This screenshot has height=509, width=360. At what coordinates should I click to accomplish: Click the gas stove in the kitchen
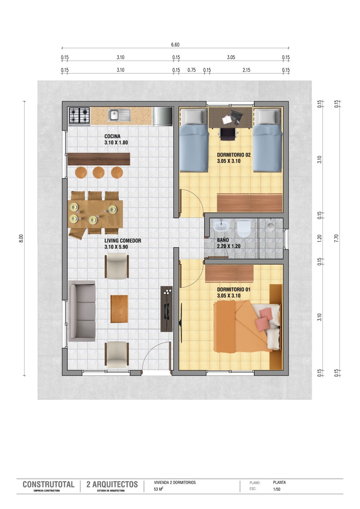point(79,116)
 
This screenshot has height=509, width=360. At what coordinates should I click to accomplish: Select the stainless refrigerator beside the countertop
point(162,116)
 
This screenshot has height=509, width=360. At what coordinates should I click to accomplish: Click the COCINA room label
point(112,136)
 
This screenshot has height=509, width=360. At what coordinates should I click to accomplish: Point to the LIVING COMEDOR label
point(123,241)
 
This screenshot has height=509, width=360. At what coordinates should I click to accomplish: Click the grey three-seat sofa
point(82,311)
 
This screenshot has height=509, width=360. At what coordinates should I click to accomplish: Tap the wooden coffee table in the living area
point(119,309)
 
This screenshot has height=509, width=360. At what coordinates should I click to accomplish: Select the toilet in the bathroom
point(244,228)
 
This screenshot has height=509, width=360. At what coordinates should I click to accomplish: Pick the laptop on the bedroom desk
point(237,115)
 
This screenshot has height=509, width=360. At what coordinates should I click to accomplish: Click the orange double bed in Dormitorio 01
point(247,326)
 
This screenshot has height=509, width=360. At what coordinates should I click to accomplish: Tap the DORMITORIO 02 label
point(234,155)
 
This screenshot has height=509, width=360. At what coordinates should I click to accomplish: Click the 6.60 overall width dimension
point(175,45)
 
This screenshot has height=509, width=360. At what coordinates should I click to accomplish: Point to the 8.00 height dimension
point(21,238)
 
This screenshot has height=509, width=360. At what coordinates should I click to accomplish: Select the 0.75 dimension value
point(192,70)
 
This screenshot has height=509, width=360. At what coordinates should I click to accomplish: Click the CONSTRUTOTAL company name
point(48,484)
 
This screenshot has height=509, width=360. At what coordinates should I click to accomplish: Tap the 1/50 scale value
point(277,489)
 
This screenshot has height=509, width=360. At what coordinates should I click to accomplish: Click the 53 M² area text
point(159,489)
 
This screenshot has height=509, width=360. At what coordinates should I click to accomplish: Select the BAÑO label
point(223,240)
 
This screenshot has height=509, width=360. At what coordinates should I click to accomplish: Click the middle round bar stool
point(98,172)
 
